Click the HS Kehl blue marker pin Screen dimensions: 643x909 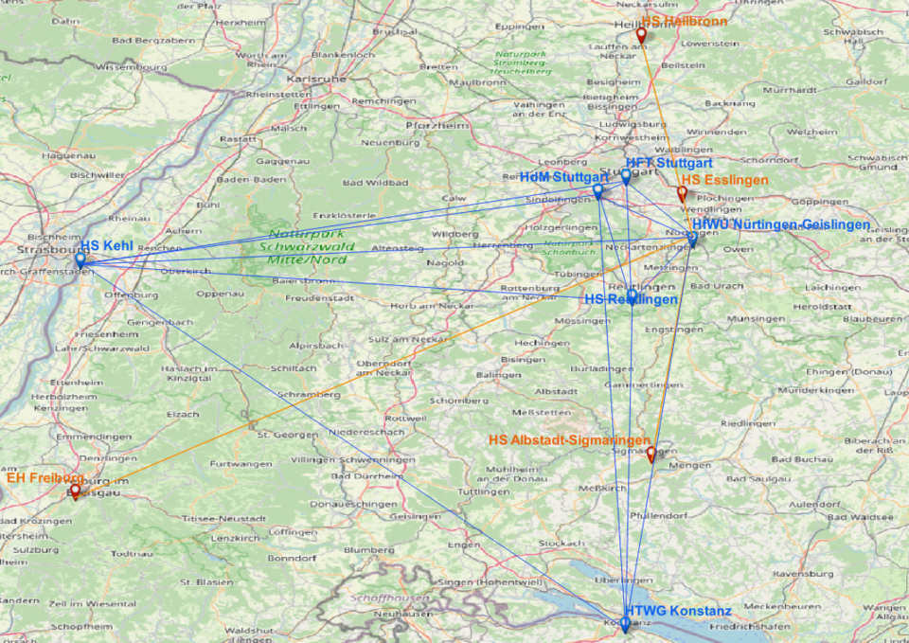coord(80,259)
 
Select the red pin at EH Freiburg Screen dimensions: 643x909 coord(75,491)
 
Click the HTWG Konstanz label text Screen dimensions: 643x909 coord(677,611)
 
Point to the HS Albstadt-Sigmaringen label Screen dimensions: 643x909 coord(569,440)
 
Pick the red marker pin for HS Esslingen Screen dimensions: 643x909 coord(682,193)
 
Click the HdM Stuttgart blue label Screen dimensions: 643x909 coord(563,177)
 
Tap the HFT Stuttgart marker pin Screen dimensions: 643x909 coord(626,175)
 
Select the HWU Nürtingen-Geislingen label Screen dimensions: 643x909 coord(780,224)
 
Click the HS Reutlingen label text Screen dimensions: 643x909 coord(631,299)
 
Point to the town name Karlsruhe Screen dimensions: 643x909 coord(316,79)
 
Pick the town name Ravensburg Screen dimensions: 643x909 coord(803,573)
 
